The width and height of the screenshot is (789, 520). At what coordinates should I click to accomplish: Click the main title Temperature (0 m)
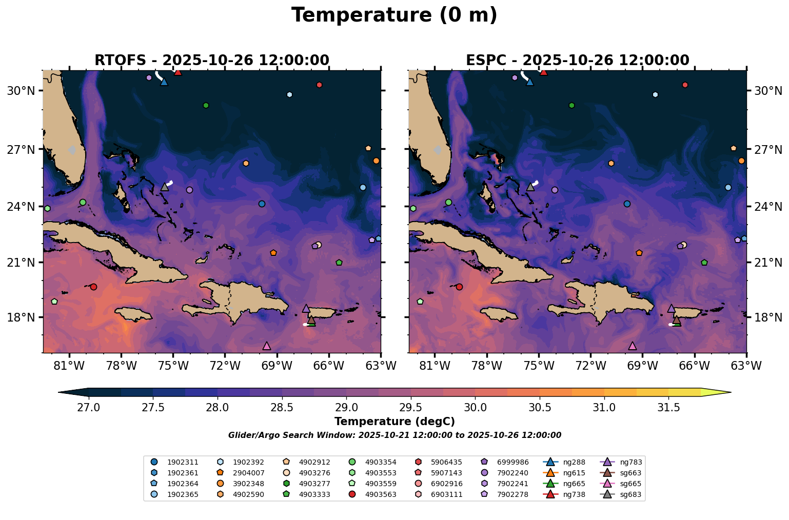(x=394, y=15)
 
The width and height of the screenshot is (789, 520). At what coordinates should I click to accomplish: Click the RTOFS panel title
(x=211, y=61)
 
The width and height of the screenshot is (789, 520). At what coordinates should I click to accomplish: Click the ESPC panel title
(x=577, y=61)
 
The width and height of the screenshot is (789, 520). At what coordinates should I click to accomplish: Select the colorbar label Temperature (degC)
(x=394, y=422)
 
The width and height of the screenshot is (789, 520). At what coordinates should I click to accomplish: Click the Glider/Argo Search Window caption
(x=394, y=435)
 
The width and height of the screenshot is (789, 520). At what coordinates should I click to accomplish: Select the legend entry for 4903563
(x=380, y=494)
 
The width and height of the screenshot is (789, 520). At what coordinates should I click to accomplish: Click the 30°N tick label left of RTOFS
(x=21, y=91)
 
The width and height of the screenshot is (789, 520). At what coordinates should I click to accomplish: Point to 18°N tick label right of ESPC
(x=767, y=317)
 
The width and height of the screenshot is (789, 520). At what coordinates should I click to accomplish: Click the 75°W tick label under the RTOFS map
(x=173, y=366)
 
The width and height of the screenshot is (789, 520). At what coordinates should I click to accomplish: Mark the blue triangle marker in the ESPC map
(x=530, y=82)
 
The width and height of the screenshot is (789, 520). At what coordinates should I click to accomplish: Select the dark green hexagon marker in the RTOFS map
(x=206, y=105)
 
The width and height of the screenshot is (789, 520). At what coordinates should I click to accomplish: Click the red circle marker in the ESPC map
(x=459, y=287)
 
